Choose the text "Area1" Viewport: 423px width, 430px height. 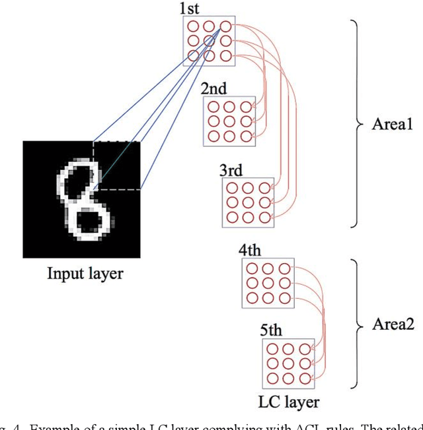391,124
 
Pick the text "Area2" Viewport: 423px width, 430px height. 391,325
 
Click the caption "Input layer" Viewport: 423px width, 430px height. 85,272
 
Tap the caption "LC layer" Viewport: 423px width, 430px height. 288,402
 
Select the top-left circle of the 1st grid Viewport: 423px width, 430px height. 194,27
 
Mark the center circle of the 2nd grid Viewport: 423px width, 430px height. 229,121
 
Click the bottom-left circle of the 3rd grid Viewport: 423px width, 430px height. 233,216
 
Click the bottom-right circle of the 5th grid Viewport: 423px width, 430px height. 304,379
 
